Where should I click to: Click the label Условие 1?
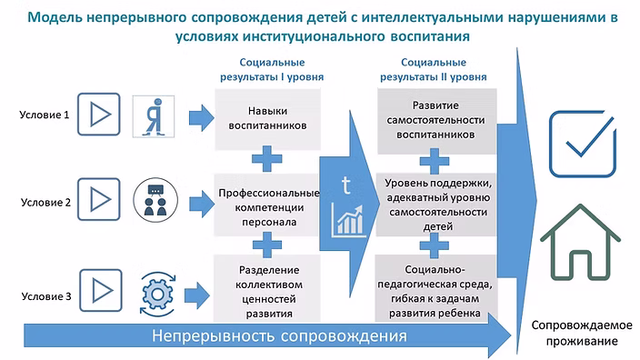coord(44,115)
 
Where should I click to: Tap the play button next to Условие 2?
coord(99,199)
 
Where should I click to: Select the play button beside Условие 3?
coord(100,290)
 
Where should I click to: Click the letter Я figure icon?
coord(154,116)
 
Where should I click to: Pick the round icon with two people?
coord(155,200)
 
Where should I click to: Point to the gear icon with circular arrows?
coord(157,294)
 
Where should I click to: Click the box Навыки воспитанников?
coord(268,119)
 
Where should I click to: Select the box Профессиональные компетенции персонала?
coord(267,205)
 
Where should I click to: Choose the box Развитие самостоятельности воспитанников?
coord(436,121)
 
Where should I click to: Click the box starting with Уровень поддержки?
coord(436,205)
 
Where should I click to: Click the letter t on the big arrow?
coord(345,185)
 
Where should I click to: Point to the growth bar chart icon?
coord(347,221)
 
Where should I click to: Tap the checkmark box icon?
coord(583,144)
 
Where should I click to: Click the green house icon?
coord(580,243)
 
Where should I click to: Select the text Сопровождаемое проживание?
coord(582,333)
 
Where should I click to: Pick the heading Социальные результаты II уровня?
coord(434,70)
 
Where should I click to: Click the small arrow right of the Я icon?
coord(202,117)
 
